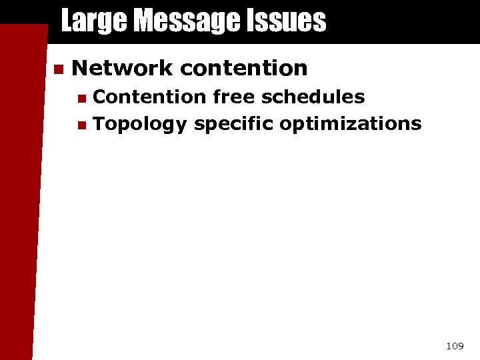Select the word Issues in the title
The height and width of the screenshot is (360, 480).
[289, 21]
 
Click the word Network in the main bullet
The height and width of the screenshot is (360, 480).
[121, 68]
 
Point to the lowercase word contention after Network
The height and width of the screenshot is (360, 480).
[243, 68]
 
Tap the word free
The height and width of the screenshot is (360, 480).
[234, 97]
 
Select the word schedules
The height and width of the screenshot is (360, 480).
[313, 97]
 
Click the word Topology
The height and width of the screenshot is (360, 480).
[140, 124]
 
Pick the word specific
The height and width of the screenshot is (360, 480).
[233, 124]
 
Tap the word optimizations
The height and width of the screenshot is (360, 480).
[351, 124]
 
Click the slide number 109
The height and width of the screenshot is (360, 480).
[455, 346]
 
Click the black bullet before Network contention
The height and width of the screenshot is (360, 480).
[57, 69]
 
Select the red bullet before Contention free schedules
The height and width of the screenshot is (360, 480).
[81, 99]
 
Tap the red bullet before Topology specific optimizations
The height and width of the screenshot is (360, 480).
[81, 125]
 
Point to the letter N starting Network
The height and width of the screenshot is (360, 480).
[79, 68]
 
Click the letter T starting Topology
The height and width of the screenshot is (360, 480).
[99, 123]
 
